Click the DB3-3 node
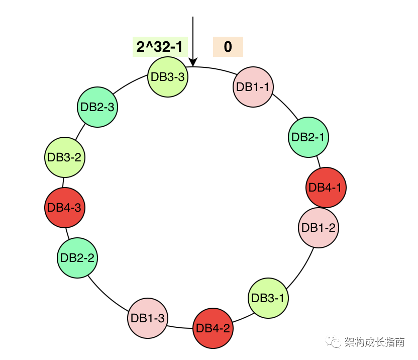coord(168,77)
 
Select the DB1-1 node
coord(253,87)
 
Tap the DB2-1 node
coord(308,137)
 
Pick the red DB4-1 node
coord(326,188)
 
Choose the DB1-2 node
coord(319,228)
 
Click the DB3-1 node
coord(268,298)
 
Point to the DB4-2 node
coord(213,328)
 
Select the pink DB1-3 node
coord(148,318)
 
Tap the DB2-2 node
coord(77,258)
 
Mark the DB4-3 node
coord(65,207)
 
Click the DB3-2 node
coord(65,157)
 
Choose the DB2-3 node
coord(97,107)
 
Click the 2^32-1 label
coord(159,47)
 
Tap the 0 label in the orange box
coord(228,47)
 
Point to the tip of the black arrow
coord(193,65)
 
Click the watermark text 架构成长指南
coord(375,342)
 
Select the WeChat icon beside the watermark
coord(334,342)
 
